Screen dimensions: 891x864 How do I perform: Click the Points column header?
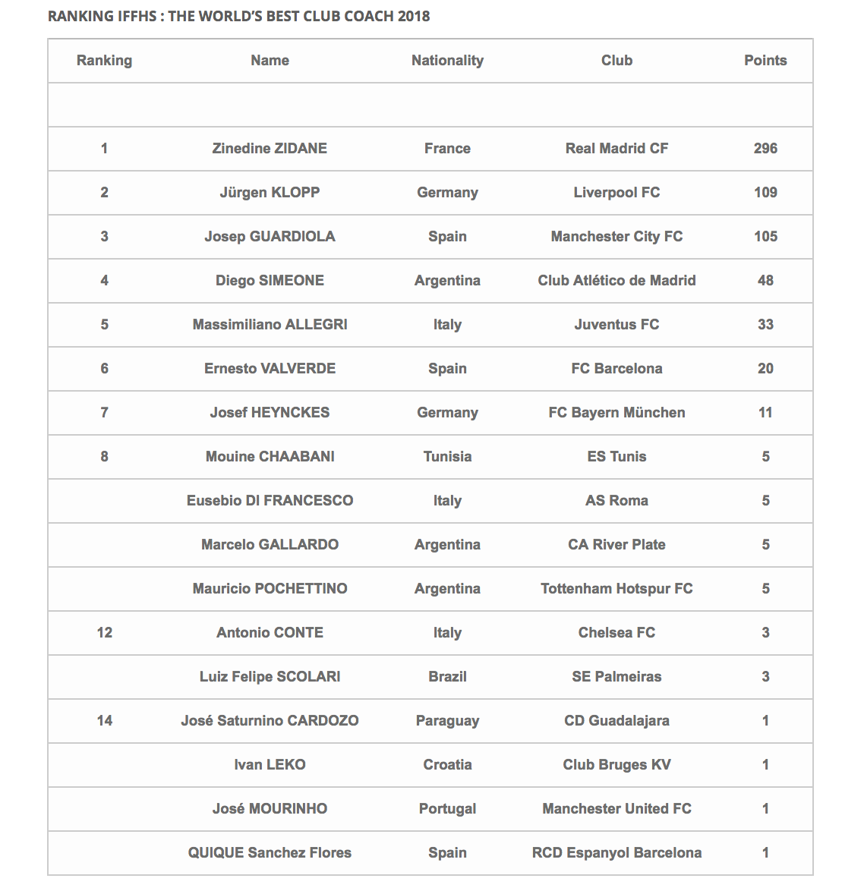[765, 61]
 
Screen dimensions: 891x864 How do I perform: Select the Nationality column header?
[447, 61]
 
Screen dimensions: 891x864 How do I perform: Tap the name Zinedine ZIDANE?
[270, 149]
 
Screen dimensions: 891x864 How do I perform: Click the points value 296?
[765, 149]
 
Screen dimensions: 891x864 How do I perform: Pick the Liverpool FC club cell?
[616, 193]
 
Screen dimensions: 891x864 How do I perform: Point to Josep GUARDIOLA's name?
[270, 237]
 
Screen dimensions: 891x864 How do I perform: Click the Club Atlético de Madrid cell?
[616, 281]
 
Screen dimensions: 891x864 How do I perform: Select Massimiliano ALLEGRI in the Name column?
[270, 325]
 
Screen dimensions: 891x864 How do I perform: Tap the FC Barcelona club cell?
[616, 369]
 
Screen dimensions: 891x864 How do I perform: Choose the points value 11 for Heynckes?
[765, 413]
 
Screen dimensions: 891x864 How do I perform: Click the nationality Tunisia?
[447, 457]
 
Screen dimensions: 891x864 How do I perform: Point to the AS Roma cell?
[616, 501]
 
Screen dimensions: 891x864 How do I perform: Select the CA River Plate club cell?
[616, 545]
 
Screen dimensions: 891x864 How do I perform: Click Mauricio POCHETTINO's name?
[270, 589]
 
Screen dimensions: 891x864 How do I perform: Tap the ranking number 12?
[105, 633]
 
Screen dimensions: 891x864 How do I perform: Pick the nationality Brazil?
[447, 677]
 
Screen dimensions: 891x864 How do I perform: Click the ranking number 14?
[105, 721]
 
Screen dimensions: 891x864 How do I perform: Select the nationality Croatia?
[447, 765]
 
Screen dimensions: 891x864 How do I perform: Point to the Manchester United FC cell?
[616, 809]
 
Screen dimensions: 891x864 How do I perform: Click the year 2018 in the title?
[414, 16]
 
